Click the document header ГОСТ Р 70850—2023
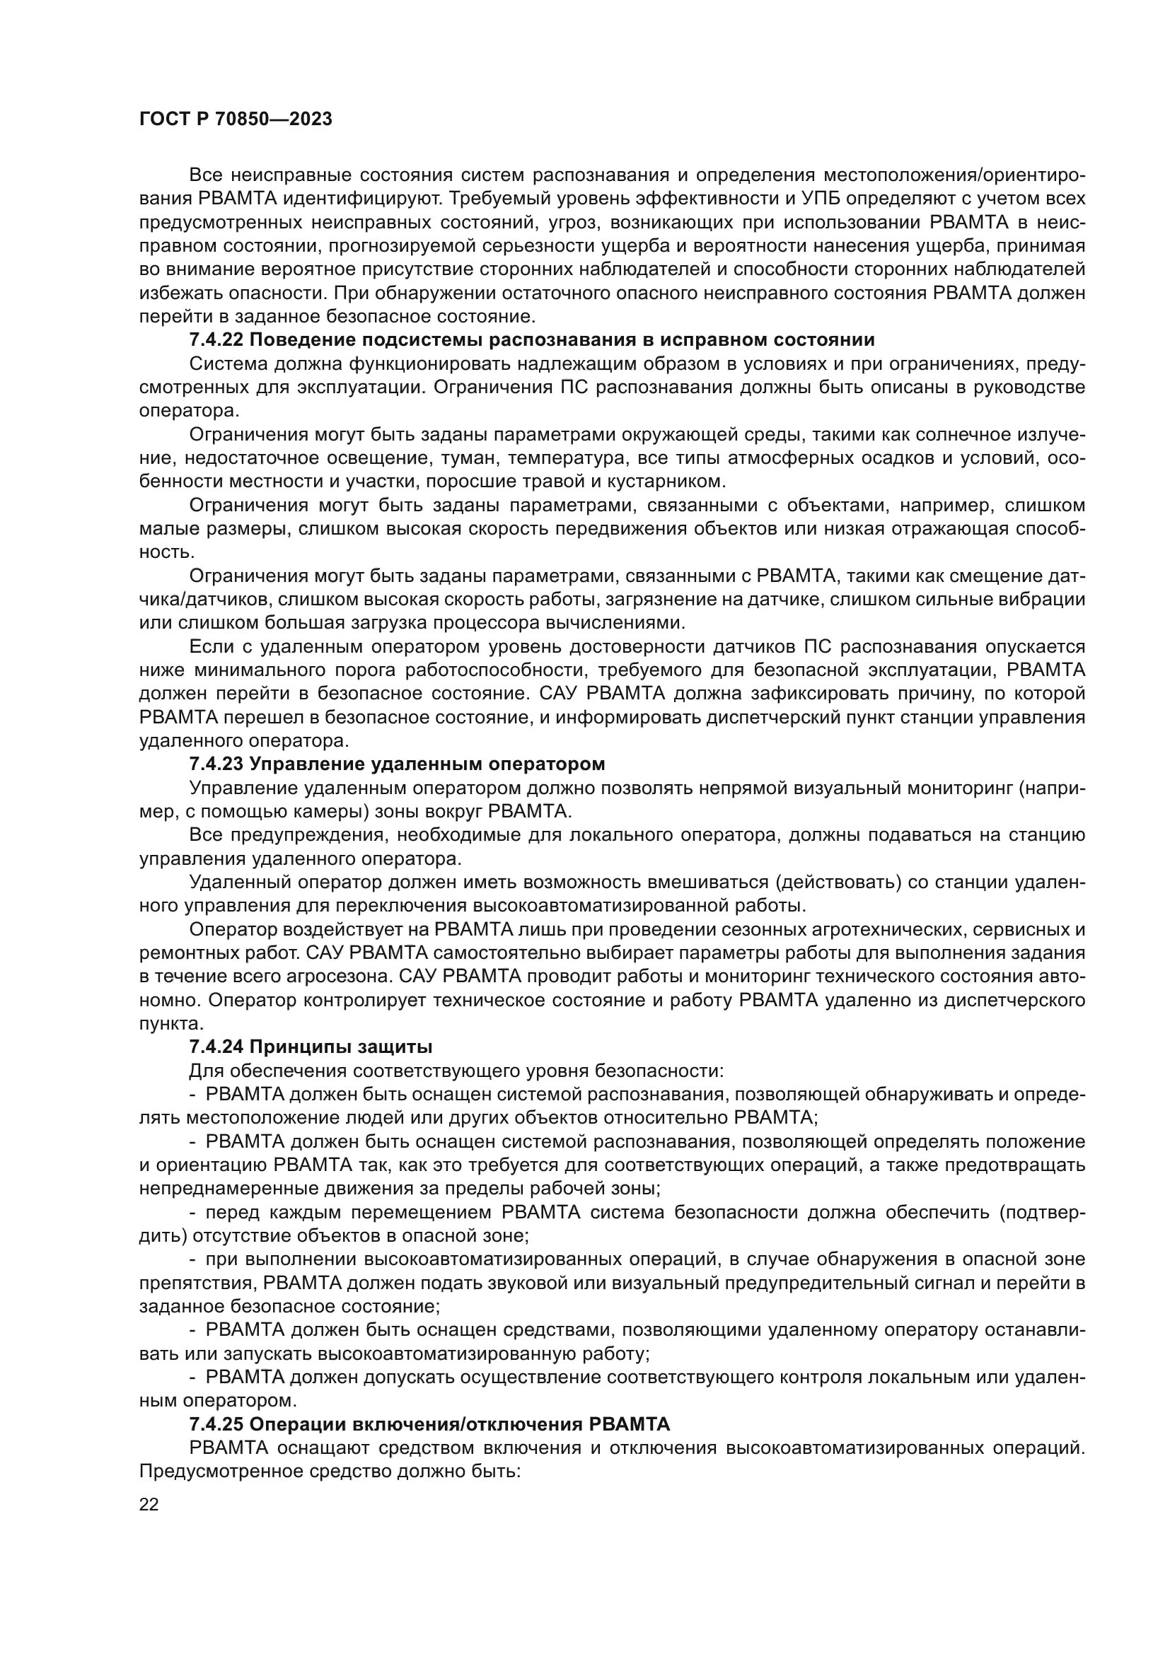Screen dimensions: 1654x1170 coord(236,120)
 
